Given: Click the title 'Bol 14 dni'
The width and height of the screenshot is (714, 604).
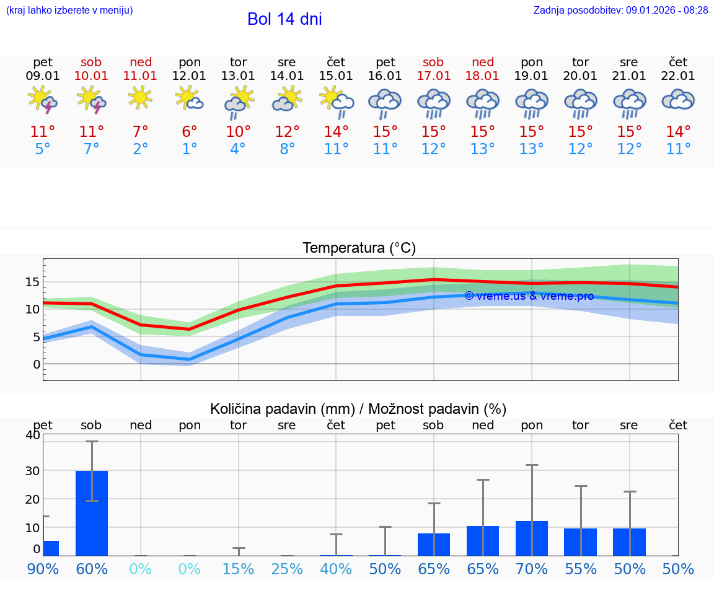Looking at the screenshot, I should point(284,19).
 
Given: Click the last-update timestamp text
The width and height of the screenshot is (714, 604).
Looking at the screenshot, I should point(620,10).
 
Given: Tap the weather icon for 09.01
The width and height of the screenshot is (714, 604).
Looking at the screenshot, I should point(43,100).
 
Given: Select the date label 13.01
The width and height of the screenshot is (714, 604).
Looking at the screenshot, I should point(238,76).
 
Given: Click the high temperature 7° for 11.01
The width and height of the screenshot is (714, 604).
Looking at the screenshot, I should point(141,132).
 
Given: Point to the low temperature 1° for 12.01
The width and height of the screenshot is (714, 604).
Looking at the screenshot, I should point(190,149).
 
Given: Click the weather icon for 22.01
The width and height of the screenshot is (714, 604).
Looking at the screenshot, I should point(678,100).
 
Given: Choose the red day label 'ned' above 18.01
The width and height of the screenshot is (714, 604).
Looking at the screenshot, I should point(483,62).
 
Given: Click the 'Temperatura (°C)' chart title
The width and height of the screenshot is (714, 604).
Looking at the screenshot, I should point(359,248).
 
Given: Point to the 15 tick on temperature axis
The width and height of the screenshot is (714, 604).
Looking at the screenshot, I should point(32,282).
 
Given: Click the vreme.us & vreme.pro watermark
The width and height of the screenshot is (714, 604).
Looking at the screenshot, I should point(529,296).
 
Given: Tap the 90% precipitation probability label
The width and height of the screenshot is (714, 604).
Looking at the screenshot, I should point(43,569).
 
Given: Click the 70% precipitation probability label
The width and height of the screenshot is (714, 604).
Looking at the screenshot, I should point(531,569).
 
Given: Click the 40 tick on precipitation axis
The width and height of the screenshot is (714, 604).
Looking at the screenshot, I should point(32,435).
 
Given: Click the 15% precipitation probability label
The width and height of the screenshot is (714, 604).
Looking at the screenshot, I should point(238,569).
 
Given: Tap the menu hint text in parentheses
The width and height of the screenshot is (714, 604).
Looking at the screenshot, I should point(69,10).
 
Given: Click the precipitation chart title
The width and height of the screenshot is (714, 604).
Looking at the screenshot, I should point(358,409).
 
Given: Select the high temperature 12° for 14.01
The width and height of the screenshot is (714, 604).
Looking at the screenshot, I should point(287,132).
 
